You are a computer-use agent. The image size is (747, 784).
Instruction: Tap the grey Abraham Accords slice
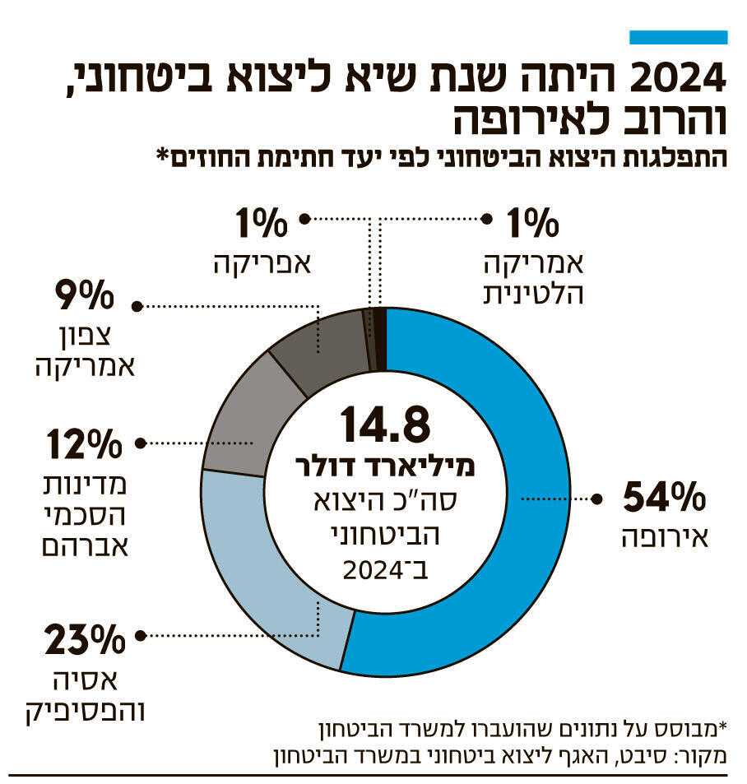[x=239, y=420]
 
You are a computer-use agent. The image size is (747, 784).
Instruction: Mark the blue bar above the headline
[x=678, y=37]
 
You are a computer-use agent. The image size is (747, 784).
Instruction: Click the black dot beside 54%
[x=597, y=499]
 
